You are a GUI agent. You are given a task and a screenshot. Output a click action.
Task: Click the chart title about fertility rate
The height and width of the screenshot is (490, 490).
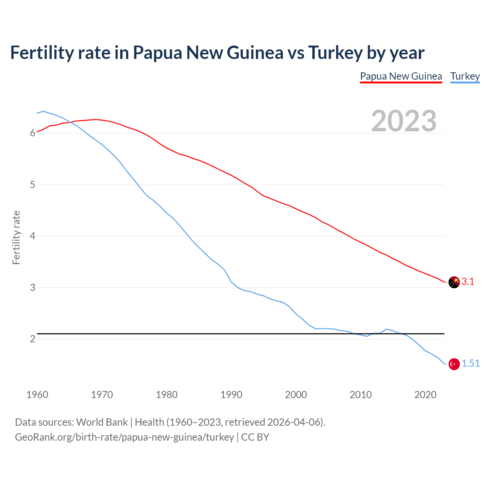tap(217, 53)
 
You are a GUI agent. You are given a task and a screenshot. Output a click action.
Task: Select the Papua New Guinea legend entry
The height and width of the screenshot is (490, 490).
tap(401, 76)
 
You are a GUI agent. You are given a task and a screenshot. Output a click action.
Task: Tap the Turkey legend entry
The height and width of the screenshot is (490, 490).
tap(465, 76)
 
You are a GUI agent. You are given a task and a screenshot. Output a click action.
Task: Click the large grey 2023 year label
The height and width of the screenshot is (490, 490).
tap(404, 121)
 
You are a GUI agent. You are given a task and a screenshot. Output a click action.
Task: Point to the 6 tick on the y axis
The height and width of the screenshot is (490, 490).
tap(33, 133)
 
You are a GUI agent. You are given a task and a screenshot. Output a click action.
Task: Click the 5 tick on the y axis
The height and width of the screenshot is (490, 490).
tap(33, 185)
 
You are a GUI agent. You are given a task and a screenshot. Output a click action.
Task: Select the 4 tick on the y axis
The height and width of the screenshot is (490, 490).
tap(33, 236)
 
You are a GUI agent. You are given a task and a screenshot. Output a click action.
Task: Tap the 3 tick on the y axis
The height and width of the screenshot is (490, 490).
tap(33, 287)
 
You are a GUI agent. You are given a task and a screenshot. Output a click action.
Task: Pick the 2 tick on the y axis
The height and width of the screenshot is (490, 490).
tap(33, 339)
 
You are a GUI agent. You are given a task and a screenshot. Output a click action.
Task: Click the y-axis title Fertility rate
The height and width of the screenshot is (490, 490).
tap(16, 237)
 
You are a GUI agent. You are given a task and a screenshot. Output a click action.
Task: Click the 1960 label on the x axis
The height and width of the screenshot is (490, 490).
tap(37, 395)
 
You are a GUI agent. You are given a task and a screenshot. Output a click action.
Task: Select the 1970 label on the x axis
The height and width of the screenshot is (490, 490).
tap(102, 395)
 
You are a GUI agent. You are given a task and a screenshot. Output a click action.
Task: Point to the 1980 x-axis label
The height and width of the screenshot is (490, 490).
tap(167, 395)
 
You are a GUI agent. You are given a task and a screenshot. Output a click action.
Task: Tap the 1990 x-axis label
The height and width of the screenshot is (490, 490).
tap(231, 395)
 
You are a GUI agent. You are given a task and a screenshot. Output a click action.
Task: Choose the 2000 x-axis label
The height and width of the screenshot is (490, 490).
tap(296, 395)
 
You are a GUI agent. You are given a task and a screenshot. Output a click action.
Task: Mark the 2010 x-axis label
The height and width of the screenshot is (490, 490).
tap(361, 395)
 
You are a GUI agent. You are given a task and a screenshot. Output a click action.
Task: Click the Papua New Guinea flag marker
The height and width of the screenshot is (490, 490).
tap(454, 282)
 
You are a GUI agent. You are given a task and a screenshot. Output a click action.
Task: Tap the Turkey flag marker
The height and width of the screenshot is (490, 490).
tap(454, 364)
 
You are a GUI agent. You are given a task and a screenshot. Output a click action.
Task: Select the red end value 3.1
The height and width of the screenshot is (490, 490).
tap(468, 282)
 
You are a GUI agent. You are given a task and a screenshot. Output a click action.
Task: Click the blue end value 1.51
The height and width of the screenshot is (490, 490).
tap(470, 364)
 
